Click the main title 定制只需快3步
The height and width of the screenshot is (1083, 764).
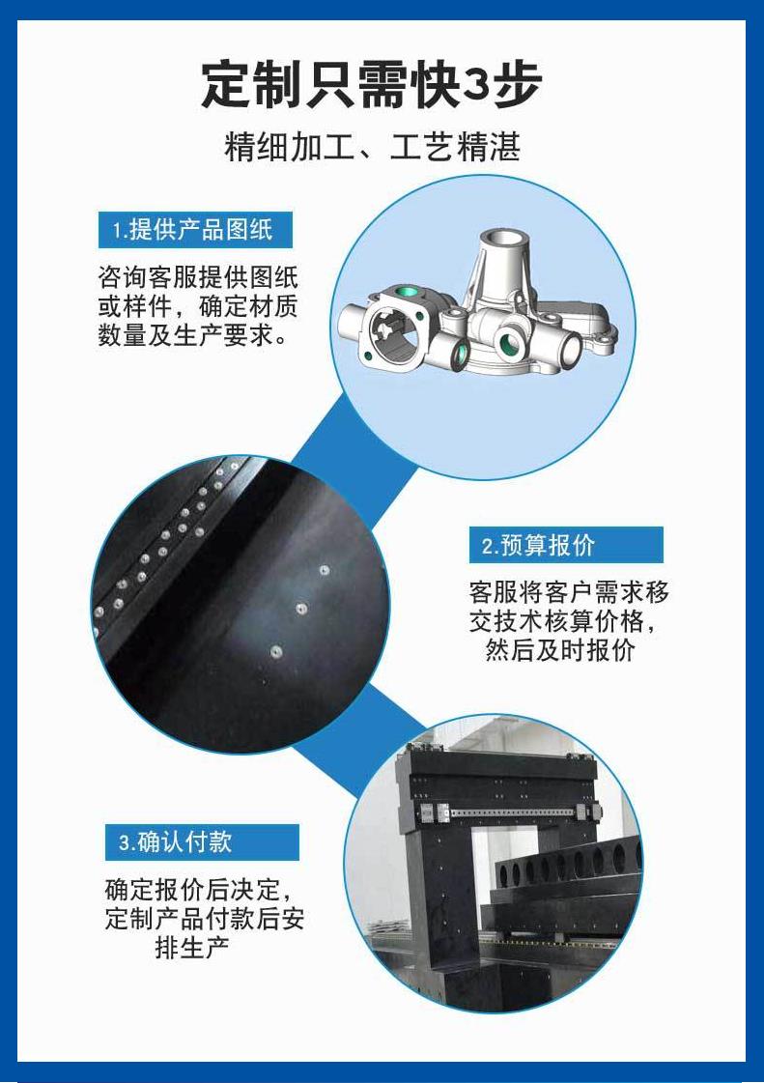(371, 85)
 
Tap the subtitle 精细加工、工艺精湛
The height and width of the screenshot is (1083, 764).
(372, 147)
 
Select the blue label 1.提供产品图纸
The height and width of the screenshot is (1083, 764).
(195, 230)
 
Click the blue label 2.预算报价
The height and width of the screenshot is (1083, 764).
(566, 545)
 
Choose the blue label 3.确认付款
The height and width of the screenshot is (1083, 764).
(202, 841)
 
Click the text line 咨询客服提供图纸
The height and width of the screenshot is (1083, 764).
(198, 277)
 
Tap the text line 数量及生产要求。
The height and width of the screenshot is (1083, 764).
(193, 335)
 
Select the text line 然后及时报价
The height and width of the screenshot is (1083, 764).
(559, 650)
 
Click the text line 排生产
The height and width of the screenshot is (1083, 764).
(192, 947)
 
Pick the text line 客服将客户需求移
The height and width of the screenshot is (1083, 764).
(569, 592)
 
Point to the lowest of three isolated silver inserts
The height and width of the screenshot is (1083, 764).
(275, 651)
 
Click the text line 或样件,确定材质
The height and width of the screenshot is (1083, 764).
(198, 306)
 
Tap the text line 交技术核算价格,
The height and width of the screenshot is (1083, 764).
(562, 621)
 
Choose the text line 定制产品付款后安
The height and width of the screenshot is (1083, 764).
(205, 919)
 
